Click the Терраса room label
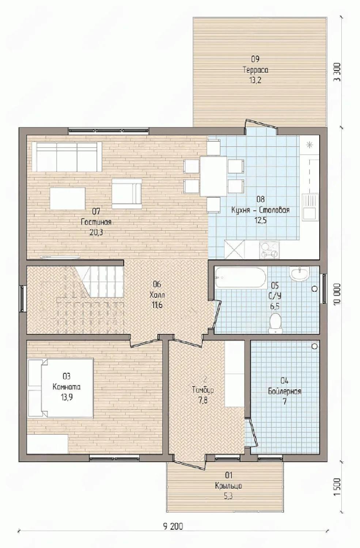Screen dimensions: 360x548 coord(255,70)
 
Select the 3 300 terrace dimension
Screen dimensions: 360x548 coord(337,73)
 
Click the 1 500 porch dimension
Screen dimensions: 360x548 coord(337,483)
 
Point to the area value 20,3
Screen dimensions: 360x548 coord(96,232)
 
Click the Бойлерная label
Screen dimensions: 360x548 coord(285,391)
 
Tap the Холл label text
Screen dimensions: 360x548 coord(157,295)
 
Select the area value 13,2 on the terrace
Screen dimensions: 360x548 coord(255,80)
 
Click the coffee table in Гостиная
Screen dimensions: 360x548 coord(68,198)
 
